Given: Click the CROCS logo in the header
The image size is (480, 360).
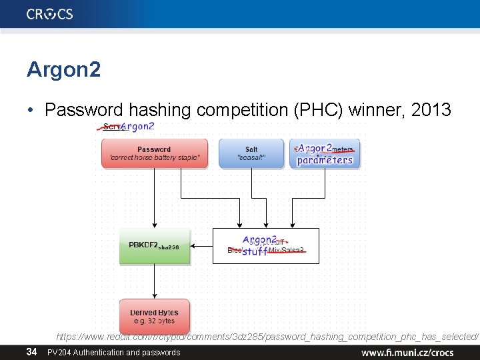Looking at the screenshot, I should pos(50,14).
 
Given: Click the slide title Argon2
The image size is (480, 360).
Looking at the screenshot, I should pos(64,69).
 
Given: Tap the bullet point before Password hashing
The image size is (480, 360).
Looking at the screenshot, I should pos(32,111).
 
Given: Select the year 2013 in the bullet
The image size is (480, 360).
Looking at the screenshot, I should pos(431,110).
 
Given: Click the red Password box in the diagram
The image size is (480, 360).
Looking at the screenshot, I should pos(154,154).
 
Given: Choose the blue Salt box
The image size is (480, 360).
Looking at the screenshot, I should pos(251,154).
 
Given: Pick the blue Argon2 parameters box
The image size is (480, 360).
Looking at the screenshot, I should pos(325,154).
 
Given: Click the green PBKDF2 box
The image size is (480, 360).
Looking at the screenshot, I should pos(155,246).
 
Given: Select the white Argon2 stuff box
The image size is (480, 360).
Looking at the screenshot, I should pos(265,245).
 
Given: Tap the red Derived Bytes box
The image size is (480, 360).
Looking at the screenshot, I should pos(154,316).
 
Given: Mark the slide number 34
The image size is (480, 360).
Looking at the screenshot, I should pos(31,352).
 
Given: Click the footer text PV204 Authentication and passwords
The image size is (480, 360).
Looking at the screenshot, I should pos(113,352).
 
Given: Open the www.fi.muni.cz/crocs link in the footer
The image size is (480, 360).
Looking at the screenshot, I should pos(407,352).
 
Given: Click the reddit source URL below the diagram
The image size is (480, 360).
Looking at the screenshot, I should pos(267,338).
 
